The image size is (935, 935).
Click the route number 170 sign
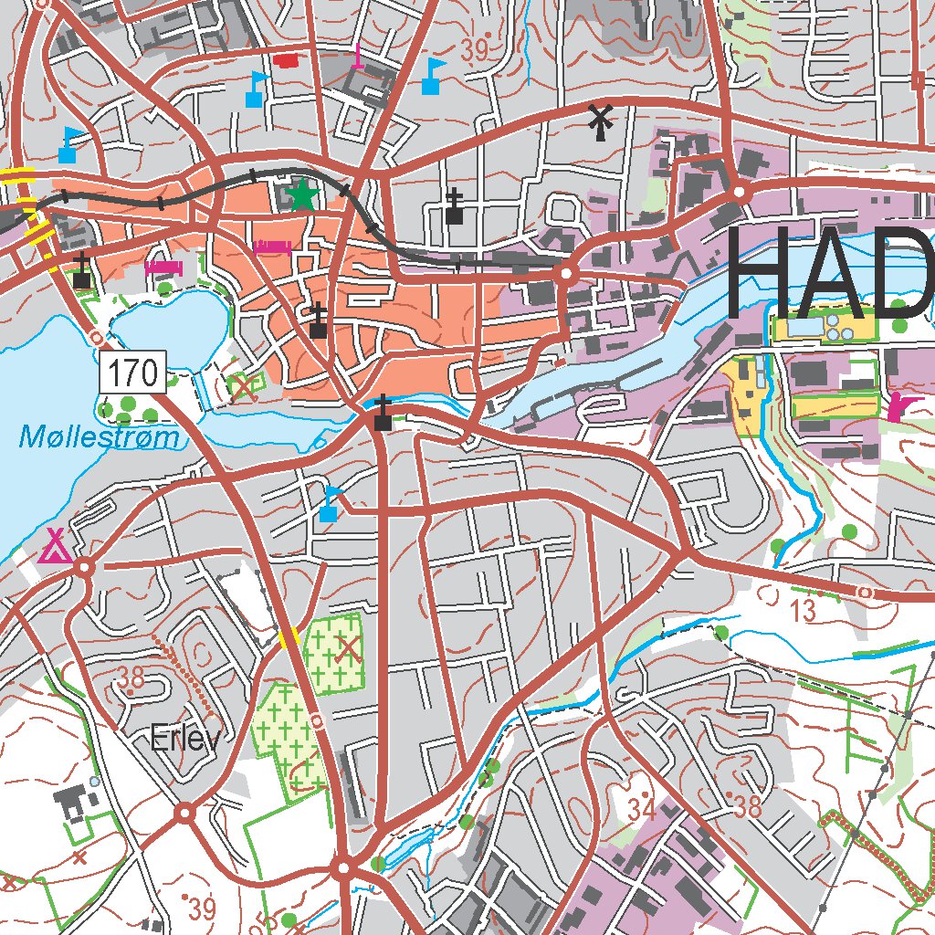132,373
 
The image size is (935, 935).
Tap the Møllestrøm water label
100,439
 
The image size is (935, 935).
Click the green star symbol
302,194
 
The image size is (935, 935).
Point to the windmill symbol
600,121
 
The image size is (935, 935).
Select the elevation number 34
642,807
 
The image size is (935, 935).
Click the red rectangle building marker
287,61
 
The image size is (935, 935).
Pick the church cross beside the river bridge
383,413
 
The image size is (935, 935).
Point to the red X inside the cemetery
347,649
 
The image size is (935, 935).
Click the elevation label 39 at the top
475,52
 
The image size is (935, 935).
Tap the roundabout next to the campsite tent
84,568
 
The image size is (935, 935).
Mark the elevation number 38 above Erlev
131,677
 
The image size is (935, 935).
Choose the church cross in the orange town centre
318,321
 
